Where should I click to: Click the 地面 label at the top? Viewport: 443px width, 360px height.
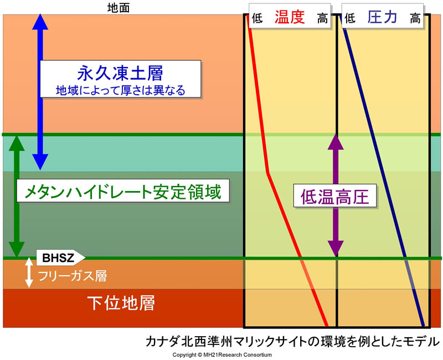[119, 8]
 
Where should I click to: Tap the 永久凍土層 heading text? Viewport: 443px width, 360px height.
[120, 73]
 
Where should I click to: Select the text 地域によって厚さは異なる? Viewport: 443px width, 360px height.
[121, 90]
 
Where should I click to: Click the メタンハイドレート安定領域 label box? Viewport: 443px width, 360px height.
[123, 192]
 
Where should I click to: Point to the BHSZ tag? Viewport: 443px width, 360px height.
[60, 258]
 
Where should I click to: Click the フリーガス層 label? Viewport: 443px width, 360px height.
[73, 276]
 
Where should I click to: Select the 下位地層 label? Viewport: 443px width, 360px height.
[121, 303]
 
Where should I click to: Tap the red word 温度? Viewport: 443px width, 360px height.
[290, 17]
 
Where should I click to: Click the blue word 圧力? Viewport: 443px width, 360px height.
[382, 17]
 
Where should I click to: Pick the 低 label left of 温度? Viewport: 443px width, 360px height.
[257, 18]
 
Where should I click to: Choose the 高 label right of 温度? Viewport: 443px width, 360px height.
[322, 19]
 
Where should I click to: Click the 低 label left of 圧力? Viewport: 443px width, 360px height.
[350, 19]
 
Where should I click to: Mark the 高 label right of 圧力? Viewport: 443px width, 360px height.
[415, 19]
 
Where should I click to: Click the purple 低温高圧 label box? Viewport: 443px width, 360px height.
[335, 196]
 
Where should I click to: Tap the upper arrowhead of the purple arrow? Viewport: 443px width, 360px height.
[336, 141]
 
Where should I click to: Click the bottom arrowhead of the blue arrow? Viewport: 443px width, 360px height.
[40, 162]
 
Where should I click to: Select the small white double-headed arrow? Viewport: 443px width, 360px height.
[29, 272]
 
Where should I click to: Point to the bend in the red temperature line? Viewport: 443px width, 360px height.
[267, 172]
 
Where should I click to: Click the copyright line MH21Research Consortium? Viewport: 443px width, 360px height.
[222, 355]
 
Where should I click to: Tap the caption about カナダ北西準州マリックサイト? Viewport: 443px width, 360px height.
[293, 341]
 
